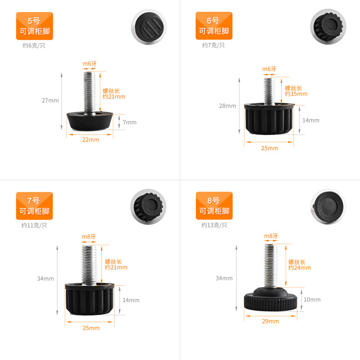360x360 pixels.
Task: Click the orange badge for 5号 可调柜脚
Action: (x=35, y=26)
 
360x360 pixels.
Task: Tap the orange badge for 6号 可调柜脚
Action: (x=214, y=26)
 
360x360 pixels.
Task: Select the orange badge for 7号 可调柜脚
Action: (x=35, y=206)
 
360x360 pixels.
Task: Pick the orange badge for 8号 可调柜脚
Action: (x=214, y=206)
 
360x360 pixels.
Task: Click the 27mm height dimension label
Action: (x=50, y=100)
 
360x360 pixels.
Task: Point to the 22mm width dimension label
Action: (x=90, y=140)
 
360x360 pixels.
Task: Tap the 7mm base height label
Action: (x=130, y=122)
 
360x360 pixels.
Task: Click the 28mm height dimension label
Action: (x=228, y=106)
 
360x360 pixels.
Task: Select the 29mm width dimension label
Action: (x=270, y=321)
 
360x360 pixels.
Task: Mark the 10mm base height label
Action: (x=312, y=300)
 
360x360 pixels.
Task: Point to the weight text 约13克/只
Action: (x=214, y=225)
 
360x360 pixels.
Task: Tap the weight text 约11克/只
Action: (x=34, y=225)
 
